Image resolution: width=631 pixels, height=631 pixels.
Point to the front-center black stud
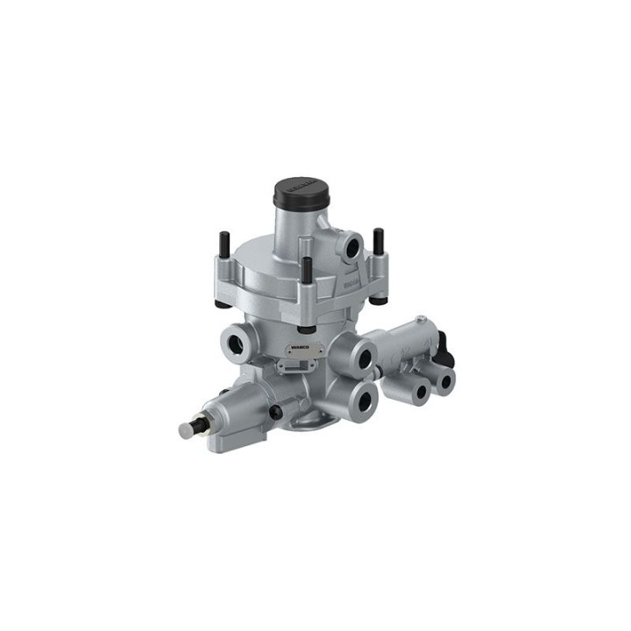pyautogui.click(x=308, y=272)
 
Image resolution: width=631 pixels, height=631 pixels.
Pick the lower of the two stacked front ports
pyautogui.click(x=362, y=398)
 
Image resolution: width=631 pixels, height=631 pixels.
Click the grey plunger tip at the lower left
pyautogui.click(x=187, y=429)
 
